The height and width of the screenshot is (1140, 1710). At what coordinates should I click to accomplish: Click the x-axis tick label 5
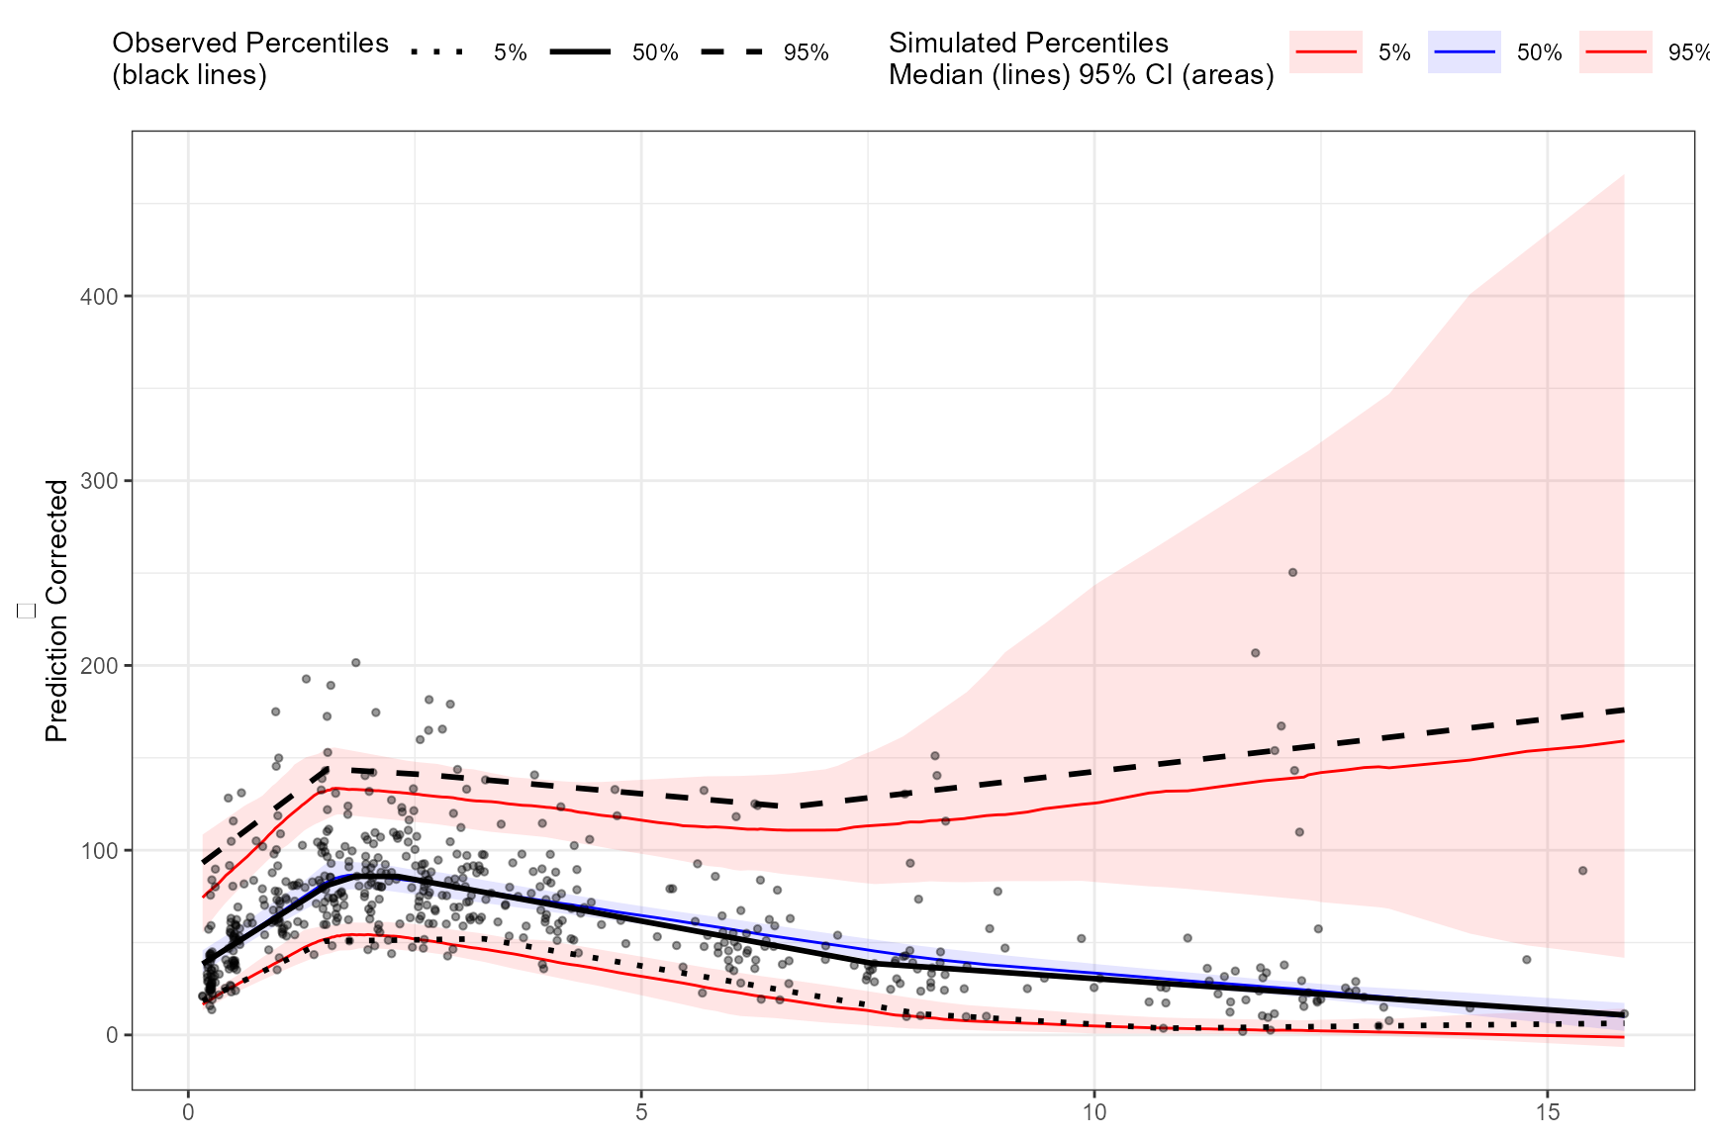click(641, 1113)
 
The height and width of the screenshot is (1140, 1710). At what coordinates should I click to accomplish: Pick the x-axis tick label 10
click(1094, 1113)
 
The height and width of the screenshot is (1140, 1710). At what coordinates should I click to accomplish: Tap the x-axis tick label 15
click(1548, 1113)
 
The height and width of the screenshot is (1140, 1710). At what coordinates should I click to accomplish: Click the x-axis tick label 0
click(188, 1113)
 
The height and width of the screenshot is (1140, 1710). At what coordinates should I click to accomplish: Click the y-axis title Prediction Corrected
click(57, 611)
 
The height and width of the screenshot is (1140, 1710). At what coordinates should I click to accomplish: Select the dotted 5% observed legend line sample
click(436, 51)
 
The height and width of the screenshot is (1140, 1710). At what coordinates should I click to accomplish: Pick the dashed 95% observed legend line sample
click(732, 51)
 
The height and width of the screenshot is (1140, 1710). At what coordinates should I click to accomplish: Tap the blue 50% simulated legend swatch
click(1465, 51)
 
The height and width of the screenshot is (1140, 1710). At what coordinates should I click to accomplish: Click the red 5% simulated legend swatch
click(1326, 51)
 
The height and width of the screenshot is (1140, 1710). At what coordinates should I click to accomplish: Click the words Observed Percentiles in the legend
click(250, 43)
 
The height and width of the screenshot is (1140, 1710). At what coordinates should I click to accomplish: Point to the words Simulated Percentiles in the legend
click(1028, 43)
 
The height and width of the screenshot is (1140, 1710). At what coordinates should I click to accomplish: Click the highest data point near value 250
click(1292, 573)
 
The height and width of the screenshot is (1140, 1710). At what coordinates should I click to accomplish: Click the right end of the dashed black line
click(1623, 710)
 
